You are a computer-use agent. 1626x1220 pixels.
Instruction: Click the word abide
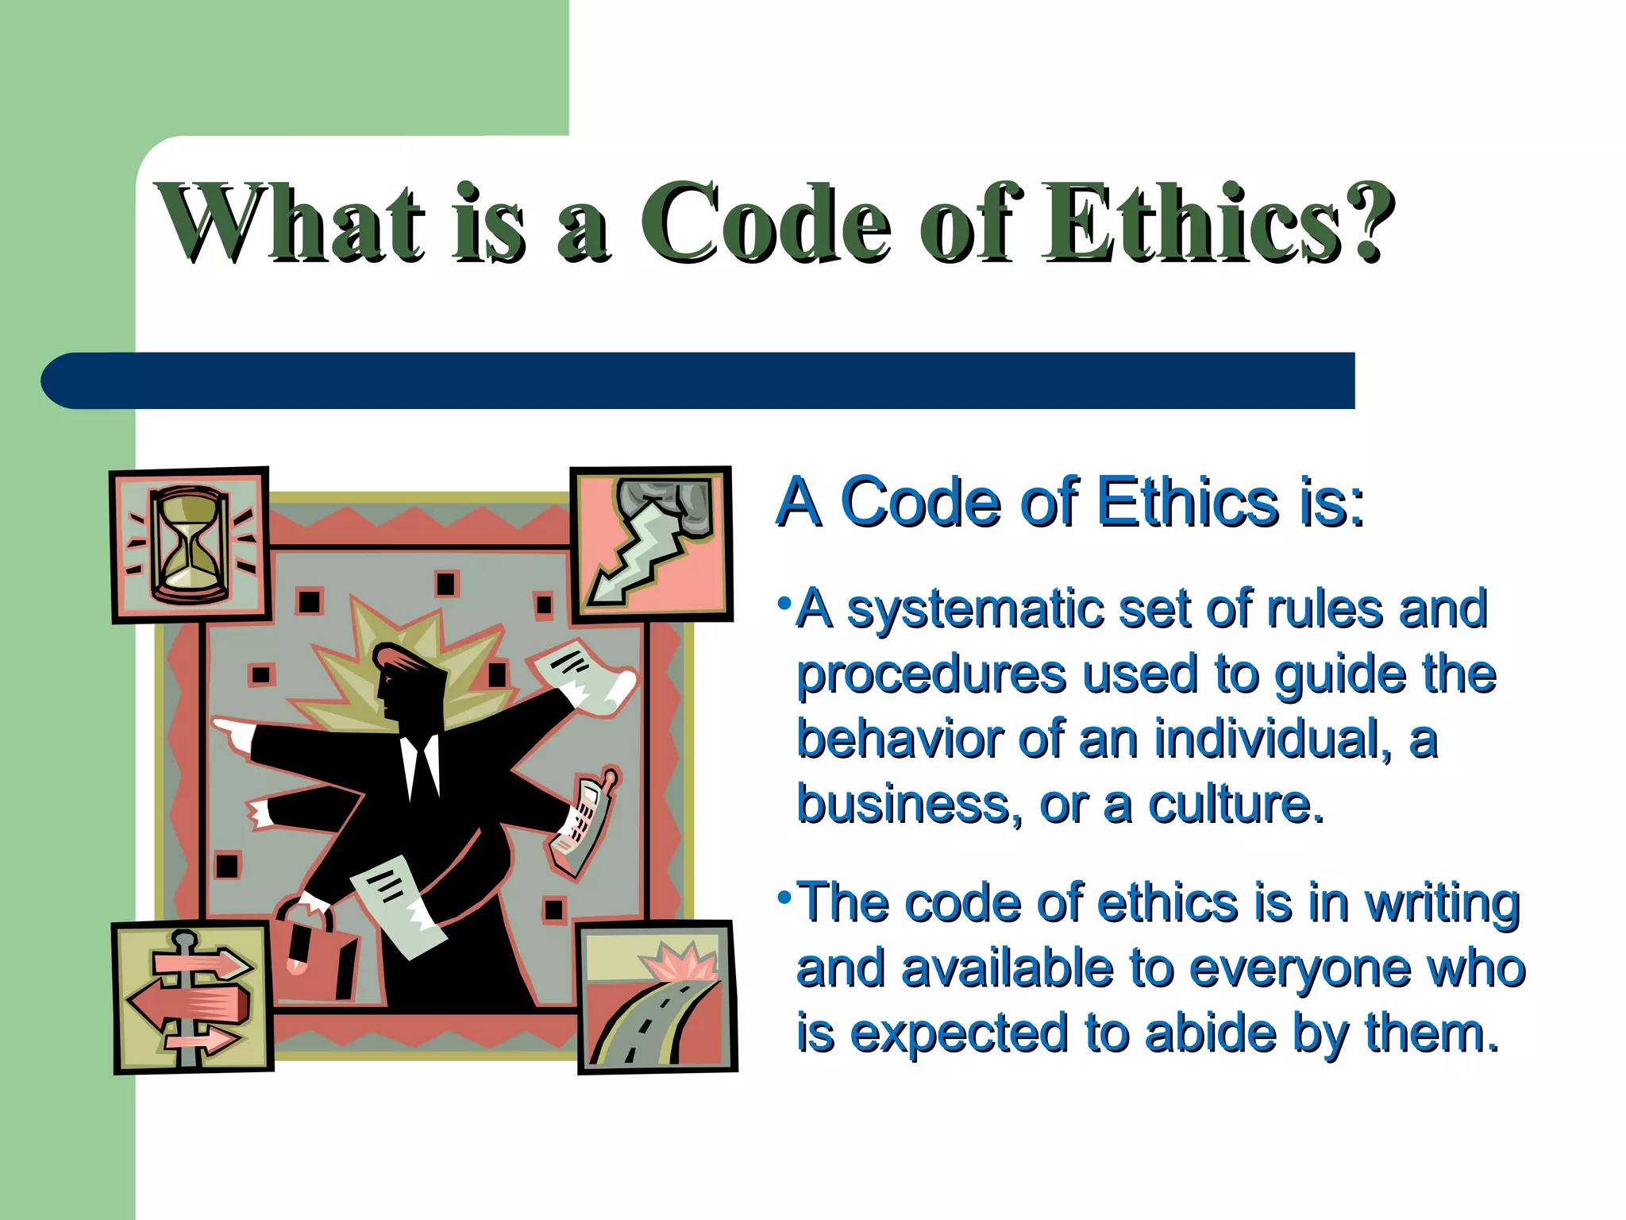(x=1211, y=1034)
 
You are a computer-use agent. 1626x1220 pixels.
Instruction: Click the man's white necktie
(x=420, y=766)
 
